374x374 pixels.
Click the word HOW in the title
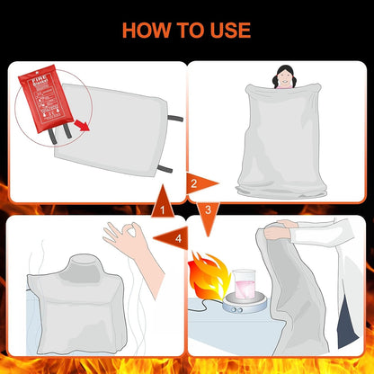pos(152,30)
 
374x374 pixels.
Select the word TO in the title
pos(187,30)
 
